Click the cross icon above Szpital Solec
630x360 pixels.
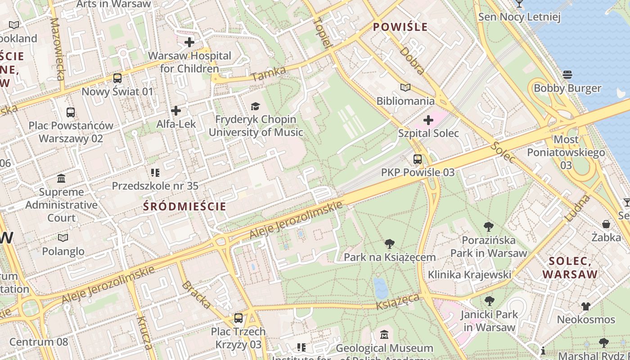coord(428,120)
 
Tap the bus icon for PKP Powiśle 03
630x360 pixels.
coord(418,159)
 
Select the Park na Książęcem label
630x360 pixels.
coord(390,257)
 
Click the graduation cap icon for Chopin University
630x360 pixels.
coord(256,106)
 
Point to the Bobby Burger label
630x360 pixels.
coord(567,88)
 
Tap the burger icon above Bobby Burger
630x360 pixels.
coord(567,74)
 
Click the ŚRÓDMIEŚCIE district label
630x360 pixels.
coord(184,207)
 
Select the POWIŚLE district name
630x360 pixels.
coord(400,27)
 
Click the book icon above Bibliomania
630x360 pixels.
coord(405,87)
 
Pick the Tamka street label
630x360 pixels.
coord(269,74)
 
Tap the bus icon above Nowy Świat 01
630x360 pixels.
coord(117,78)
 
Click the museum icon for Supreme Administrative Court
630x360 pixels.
coord(61,179)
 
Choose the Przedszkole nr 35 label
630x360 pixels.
coord(155,186)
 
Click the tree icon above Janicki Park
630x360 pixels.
coord(489,301)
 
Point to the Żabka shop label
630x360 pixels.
coord(606,237)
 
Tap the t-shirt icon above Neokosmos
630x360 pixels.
coord(585,306)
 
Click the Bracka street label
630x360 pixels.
coord(197,295)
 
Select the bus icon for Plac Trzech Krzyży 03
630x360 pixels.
coord(238,318)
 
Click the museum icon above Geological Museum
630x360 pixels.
coord(384,335)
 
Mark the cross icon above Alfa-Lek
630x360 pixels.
coord(176,110)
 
